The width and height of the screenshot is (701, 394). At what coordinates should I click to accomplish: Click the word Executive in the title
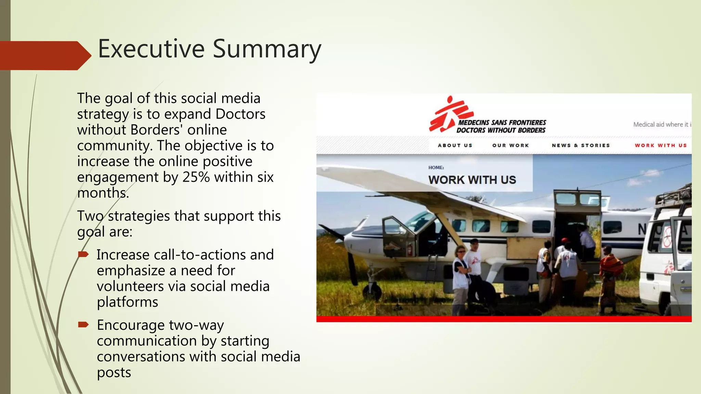[151, 49]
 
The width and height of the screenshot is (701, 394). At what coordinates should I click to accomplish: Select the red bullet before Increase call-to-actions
[83, 254]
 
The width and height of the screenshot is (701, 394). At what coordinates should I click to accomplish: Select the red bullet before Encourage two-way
[83, 325]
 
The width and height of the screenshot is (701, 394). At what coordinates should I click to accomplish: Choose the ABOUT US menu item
[455, 145]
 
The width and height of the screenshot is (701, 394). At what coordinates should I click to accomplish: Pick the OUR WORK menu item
[510, 145]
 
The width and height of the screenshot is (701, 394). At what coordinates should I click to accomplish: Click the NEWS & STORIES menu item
[581, 145]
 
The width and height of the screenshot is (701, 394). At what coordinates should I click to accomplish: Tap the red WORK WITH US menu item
[661, 145]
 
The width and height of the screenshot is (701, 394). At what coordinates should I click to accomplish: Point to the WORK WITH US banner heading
[472, 180]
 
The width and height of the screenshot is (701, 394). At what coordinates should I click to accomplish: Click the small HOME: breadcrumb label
[436, 168]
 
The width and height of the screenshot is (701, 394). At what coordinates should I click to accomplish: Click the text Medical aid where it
[660, 124]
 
